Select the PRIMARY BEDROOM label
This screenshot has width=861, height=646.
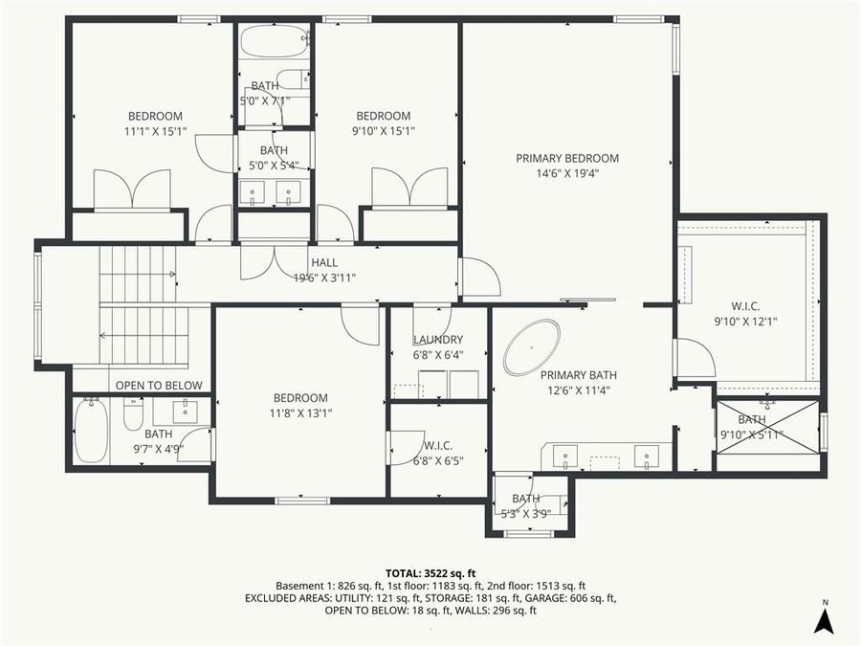567,159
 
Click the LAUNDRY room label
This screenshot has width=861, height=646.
438,340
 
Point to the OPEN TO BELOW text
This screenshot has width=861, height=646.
159,386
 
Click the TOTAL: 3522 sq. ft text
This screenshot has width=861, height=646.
430,572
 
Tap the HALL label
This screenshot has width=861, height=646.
324,263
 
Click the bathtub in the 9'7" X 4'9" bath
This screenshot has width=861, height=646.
90,430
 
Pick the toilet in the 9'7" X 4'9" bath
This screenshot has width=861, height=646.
133,413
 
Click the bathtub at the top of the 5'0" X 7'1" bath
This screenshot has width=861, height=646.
274,42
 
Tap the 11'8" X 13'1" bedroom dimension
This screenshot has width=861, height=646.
300,413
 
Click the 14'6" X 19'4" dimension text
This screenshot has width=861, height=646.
567,174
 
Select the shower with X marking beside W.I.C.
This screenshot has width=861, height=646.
767,427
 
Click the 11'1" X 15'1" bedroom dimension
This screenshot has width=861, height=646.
154,131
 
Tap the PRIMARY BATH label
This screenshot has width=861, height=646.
575,375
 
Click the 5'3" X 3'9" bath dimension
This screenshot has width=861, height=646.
525,513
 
